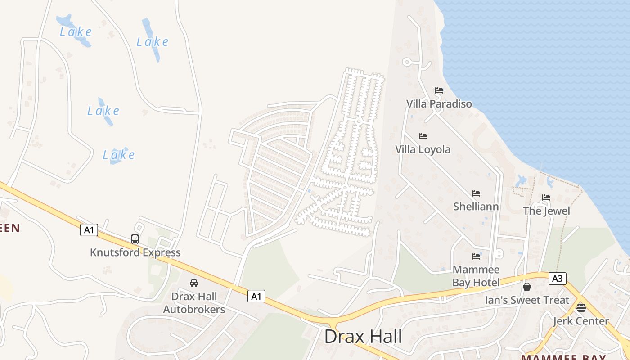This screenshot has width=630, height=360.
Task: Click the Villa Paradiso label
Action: tap(439, 104)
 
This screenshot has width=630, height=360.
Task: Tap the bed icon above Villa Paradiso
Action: tap(439, 90)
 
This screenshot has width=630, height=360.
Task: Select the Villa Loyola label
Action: tap(423, 149)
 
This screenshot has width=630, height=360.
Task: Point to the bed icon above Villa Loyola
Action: tap(423, 136)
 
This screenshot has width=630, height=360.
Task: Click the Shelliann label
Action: tap(476, 207)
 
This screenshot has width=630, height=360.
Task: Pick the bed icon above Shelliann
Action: tap(476, 193)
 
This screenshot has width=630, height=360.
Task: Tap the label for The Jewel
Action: tap(546, 211)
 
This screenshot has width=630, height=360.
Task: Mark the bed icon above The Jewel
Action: tap(546, 198)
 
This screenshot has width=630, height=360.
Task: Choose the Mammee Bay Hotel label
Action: tap(476, 276)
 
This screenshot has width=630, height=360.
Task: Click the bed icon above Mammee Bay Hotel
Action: tap(476, 256)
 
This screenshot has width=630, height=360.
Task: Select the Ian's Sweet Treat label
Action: tap(527, 300)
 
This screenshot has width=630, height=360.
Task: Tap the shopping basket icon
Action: tap(527, 287)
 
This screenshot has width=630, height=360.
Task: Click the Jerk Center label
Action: tap(580, 321)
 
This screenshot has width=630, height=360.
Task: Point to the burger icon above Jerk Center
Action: tap(581, 308)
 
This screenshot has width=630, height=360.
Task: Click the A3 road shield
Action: tap(557, 279)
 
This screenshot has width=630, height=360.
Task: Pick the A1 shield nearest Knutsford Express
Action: tap(89, 230)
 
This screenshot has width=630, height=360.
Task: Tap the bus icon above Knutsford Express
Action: tap(135, 239)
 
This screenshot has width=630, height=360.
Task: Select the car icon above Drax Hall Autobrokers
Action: tap(194, 283)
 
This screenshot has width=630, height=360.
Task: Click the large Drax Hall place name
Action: tap(363, 337)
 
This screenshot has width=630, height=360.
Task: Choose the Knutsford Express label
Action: tap(135, 252)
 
